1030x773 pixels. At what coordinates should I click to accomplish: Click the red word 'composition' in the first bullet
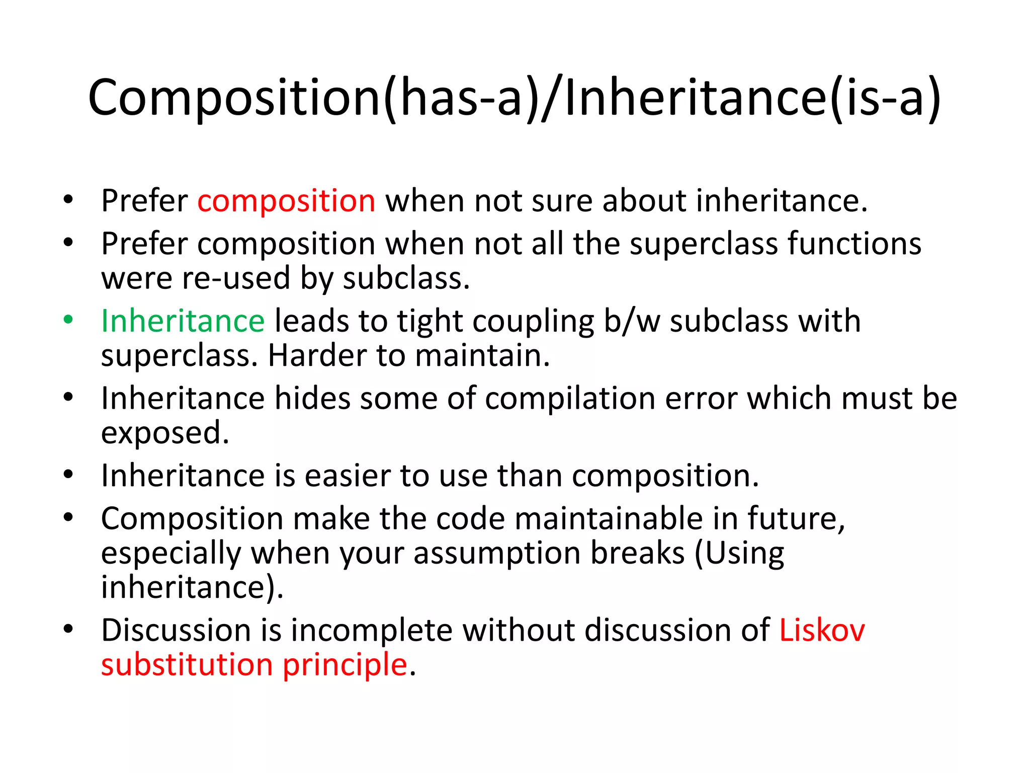(x=286, y=201)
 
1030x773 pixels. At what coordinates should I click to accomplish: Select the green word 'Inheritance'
(x=183, y=321)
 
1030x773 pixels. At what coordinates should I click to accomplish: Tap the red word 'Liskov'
(x=822, y=630)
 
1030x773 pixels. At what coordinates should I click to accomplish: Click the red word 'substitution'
(x=187, y=664)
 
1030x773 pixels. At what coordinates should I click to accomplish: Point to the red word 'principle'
(x=345, y=665)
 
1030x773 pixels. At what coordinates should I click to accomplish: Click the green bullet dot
(x=68, y=320)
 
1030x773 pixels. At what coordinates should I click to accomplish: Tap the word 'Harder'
(x=317, y=355)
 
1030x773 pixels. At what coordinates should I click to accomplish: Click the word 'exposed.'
(x=165, y=433)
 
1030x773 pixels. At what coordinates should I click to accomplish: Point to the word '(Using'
(x=739, y=554)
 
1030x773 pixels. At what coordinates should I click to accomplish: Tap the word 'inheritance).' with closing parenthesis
(x=192, y=587)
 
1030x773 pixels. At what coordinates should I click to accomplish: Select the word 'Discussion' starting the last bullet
(x=176, y=630)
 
